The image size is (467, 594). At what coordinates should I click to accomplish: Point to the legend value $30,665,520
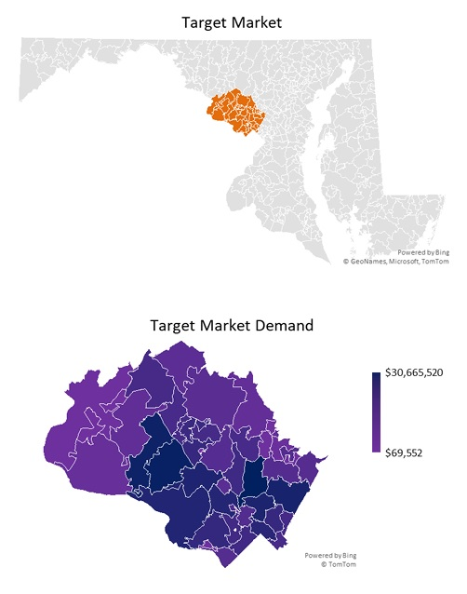coord(414,372)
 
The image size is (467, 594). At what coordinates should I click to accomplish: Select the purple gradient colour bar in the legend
coord(376,412)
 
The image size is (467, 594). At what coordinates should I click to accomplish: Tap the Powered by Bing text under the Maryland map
coord(423,252)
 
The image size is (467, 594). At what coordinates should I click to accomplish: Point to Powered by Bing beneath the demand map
coord(329,555)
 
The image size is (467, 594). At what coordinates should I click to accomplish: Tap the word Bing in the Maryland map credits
coord(441,252)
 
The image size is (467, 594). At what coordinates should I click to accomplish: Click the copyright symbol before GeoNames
coord(346,262)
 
